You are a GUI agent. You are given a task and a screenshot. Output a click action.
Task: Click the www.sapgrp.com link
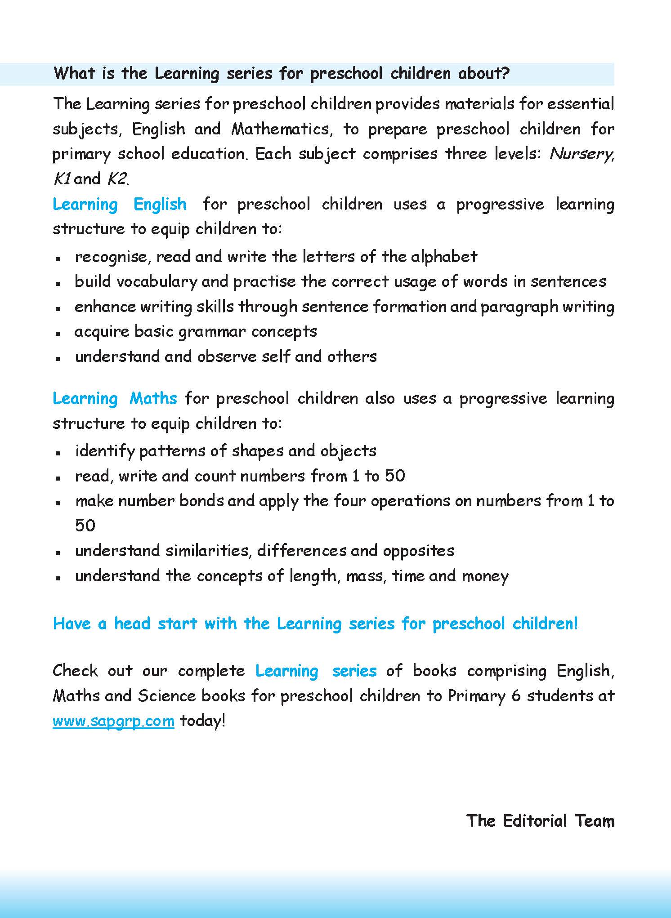[113, 721]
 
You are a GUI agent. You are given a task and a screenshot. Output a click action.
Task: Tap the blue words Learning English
[120, 205]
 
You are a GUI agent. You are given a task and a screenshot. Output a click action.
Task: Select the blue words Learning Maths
[115, 399]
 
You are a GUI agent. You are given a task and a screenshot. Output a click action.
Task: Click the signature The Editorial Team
[540, 821]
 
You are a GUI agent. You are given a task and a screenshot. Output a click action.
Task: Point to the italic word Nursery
[581, 154]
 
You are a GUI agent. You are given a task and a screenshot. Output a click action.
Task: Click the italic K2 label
[117, 179]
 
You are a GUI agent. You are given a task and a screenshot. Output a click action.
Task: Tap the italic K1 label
[62, 179]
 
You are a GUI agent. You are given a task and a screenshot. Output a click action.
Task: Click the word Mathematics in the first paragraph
[282, 129]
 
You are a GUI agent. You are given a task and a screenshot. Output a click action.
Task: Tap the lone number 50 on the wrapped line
[85, 526]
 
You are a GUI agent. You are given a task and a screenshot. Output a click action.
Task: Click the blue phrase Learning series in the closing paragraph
[316, 671]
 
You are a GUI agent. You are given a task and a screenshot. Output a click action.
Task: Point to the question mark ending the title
[505, 74]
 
